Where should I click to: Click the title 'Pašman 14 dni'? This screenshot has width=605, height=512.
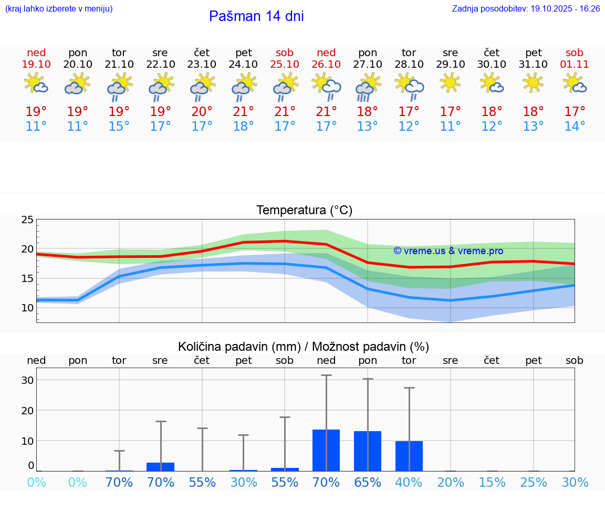256,16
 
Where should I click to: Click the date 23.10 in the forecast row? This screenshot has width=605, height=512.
202,65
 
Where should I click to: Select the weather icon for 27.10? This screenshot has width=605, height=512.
368,86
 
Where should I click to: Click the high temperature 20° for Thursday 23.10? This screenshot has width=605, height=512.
202,111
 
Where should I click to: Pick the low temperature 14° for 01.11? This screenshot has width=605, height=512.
575,127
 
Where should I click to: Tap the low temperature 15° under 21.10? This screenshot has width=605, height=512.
119,127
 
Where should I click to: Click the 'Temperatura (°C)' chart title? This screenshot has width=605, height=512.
304,211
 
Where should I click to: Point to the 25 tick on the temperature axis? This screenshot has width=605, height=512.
27,220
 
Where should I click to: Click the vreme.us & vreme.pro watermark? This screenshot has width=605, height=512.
448,250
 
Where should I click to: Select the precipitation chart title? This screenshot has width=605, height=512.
304,347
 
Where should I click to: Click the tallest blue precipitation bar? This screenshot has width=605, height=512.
326,450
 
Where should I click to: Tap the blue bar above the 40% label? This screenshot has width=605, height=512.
409,456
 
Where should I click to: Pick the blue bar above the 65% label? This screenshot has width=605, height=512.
368,451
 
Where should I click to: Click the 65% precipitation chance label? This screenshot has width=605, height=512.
368,483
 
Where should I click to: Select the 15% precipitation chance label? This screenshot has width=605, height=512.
492,483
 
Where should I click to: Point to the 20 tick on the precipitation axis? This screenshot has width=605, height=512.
27,410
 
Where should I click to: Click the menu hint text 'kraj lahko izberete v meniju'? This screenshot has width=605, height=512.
58,9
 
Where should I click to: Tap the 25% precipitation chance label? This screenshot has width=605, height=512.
534,483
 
